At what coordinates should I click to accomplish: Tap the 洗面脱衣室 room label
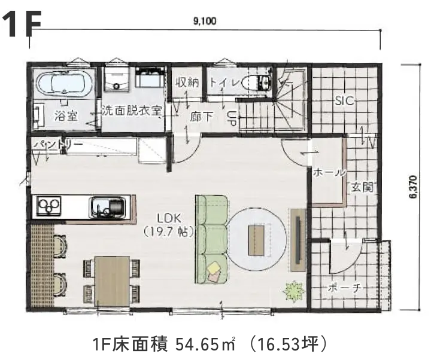click(132, 111)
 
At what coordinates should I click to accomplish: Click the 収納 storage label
click(187, 82)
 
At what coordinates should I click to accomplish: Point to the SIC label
click(345, 101)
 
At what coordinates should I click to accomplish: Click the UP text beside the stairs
click(232, 118)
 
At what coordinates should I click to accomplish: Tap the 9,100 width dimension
click(205, 21)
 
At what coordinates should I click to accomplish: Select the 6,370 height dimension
click(413, 187)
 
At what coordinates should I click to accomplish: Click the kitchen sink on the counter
click(107, 207)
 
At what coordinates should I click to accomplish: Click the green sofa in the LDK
click(212, 239)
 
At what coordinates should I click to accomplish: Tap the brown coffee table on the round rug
click(256, 240)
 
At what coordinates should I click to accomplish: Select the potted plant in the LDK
click(294, 291)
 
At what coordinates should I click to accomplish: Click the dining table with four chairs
click(111, 281)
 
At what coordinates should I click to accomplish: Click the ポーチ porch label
click(345, 288)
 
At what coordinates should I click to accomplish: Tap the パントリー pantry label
click(57, 145)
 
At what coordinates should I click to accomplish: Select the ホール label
click(329, 172)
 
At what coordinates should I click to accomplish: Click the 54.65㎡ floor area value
click(205, 344)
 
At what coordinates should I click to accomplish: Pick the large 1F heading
click(22, 24)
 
